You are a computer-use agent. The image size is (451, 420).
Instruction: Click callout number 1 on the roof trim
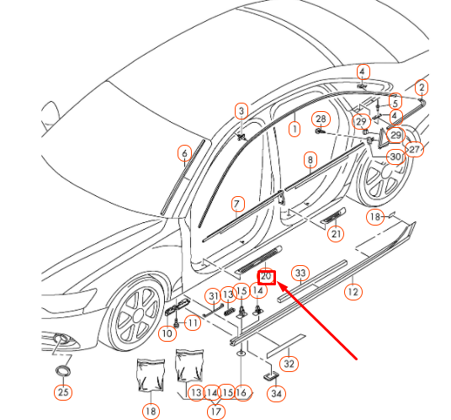click(294, 130)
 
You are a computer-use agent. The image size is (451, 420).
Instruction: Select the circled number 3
click(241, 110)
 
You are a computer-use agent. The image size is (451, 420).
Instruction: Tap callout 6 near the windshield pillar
click(183, 153)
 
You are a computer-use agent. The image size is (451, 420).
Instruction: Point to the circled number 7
click(238, 204)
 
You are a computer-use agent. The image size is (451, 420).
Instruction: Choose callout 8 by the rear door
click(310, 159)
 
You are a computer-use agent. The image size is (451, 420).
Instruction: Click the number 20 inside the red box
click(267, 275)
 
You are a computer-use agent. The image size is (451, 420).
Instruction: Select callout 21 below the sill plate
click(337, 234)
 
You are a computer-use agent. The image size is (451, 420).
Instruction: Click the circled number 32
click(289, 364)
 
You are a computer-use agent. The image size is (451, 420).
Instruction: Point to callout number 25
click(63, 391)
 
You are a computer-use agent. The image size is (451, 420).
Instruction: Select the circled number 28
click(320, 119)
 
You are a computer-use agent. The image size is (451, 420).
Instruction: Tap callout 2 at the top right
click(422, 87)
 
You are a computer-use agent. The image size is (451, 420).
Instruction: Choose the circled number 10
click(167, 333)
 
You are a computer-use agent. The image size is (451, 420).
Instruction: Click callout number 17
click(216, 412)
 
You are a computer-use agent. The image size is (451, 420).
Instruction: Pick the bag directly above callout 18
click(149, 376)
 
